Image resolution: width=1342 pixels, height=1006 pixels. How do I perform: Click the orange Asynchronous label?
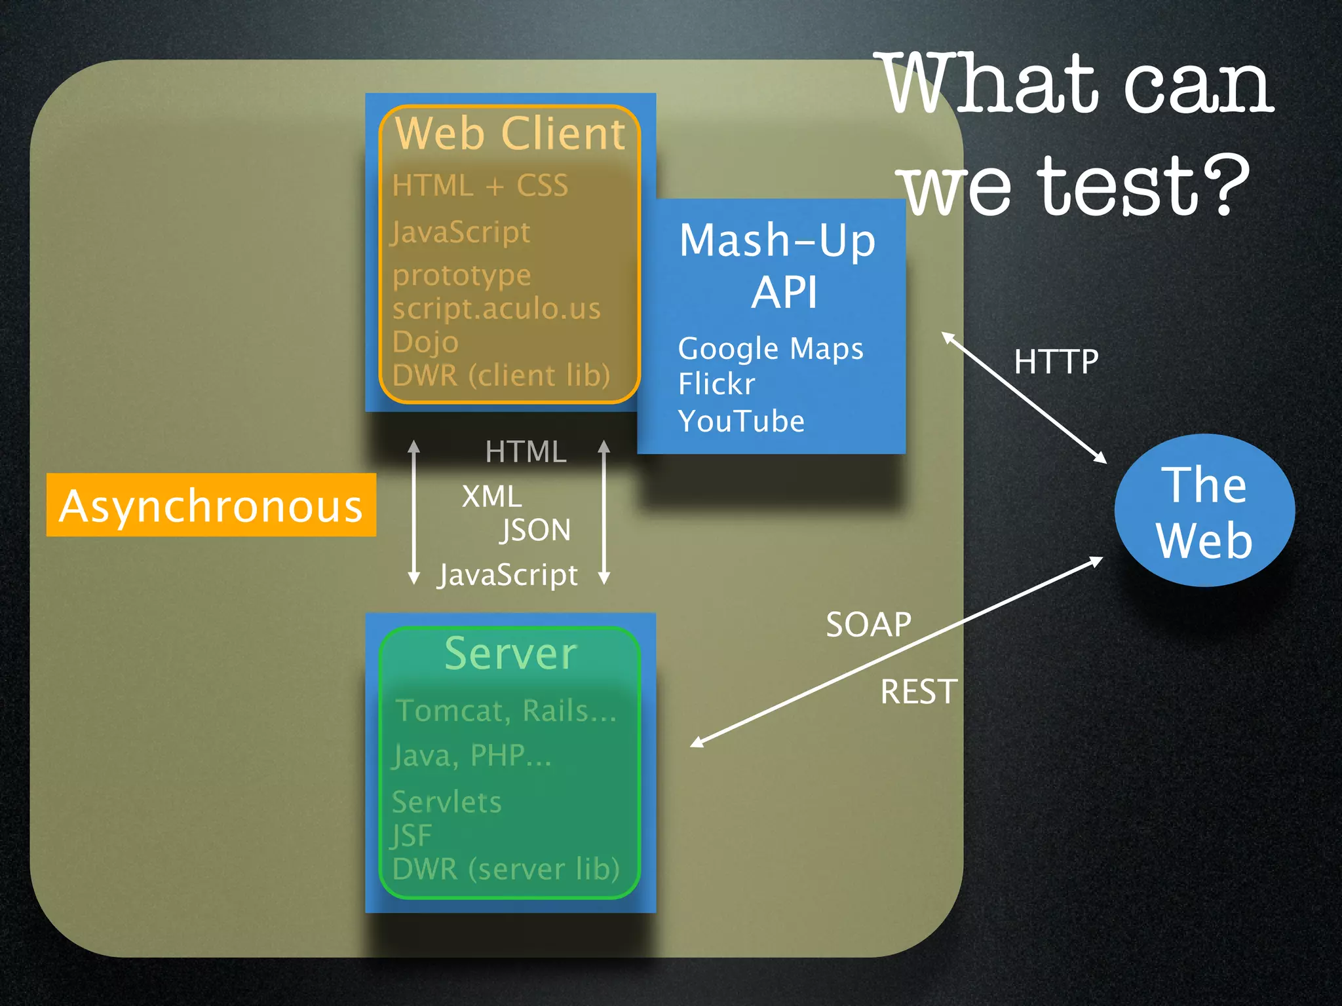click(x=211, y=506)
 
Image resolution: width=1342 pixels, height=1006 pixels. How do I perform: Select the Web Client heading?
click(x=510, y=134)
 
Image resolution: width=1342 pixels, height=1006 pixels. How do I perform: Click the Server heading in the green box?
click(x=510, y=654)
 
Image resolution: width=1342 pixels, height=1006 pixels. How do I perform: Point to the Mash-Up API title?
click(x=778, y=265)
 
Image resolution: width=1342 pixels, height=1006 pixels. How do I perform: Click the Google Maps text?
click(x=771, y=348)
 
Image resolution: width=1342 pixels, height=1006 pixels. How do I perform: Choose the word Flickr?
click(x=716, y=384)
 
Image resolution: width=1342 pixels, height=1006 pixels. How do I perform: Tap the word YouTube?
click(x=741, y=421)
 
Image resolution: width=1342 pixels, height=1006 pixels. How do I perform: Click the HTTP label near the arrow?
click(x=1056, y=362)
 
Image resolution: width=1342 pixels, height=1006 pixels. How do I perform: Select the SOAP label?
click(x=868, y=625)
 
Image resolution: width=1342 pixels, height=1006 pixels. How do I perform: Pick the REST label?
click(x=919, y=692)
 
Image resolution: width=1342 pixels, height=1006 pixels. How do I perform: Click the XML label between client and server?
click(x=491, y=496)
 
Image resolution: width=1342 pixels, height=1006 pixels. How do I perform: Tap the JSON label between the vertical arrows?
click(x=535, y=530)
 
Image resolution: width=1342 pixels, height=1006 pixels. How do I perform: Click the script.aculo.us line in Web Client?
click(x=496, y=308)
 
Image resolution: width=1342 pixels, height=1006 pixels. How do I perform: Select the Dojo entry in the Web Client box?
click(x=425, y=342)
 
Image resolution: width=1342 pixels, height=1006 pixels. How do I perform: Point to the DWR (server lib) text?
click(x=505, y=869)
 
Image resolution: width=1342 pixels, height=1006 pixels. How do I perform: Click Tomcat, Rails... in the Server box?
click(x=506, y=711)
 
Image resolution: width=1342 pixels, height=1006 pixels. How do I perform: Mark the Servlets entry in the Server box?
click(x=446, y=802)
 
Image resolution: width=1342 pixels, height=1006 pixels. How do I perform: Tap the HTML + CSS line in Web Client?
click(x=480, y=185)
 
